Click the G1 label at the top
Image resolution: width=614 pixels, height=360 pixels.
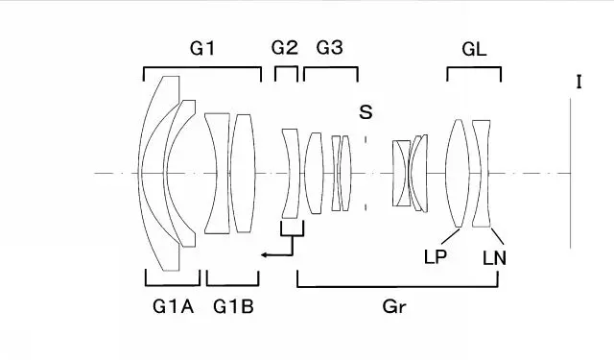202,48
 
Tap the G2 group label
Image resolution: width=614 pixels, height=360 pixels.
285,47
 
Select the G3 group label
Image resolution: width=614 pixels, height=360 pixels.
330,47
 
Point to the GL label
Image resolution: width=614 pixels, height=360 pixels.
474,49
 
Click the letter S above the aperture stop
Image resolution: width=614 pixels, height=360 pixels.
366,112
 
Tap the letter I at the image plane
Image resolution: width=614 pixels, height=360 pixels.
579,83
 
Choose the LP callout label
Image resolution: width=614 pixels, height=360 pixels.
436,257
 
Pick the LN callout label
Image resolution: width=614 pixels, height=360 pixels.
495,258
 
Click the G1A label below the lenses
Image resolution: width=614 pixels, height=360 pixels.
173,306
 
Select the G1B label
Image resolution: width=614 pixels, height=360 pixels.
233,306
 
